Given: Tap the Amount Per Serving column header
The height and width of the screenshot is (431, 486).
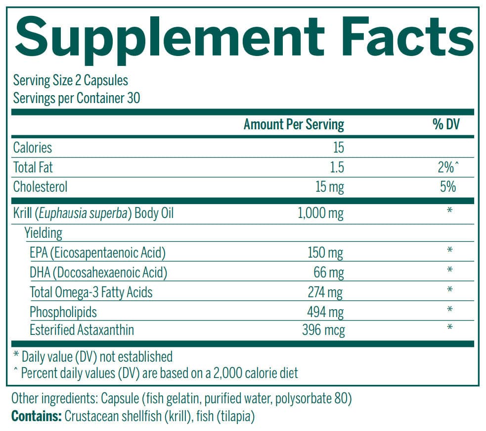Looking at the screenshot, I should click(x=294, y=124).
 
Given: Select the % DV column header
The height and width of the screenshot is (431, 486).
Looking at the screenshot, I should click(x=446, y=124).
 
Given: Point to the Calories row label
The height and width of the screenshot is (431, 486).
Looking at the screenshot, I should click(x=33, y=148).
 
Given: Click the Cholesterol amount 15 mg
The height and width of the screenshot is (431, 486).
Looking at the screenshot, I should click(x=329, y=187).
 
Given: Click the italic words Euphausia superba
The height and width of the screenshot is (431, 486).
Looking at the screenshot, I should click(x=91, y=214).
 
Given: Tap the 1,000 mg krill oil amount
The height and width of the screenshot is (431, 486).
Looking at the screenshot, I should click(x=321, y=214).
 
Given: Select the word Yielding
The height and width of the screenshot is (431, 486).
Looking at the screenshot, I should click(x=44, y=233).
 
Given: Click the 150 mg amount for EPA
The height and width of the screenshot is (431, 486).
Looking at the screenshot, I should click(x=325, y=253).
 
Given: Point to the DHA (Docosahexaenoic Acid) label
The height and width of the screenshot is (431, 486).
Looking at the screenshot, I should click(x=98, y=272).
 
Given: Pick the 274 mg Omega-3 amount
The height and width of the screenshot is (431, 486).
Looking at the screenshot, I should click(x=325, y=292).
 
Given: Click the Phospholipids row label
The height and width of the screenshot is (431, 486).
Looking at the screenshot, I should click(x=63, y=312).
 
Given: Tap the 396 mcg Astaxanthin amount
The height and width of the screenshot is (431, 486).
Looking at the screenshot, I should click(x=323, y=330).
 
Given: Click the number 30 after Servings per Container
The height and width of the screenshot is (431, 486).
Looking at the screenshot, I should click(x=133, y=98).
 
